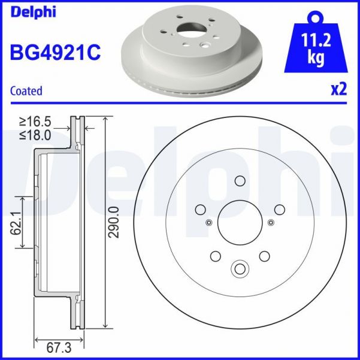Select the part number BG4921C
(55, 53)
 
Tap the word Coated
(26, 91)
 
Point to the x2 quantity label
(339, 90)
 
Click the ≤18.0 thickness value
(38, 135)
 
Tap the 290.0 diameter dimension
(114, 222)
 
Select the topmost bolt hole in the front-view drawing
(240, 181)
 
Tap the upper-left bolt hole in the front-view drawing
(201, 209)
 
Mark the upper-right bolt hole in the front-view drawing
(279, 209)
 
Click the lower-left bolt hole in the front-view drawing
(216, 256)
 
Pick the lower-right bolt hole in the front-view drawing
(264, 256)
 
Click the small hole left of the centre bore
(208, 223)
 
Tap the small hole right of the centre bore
(271, 223)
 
